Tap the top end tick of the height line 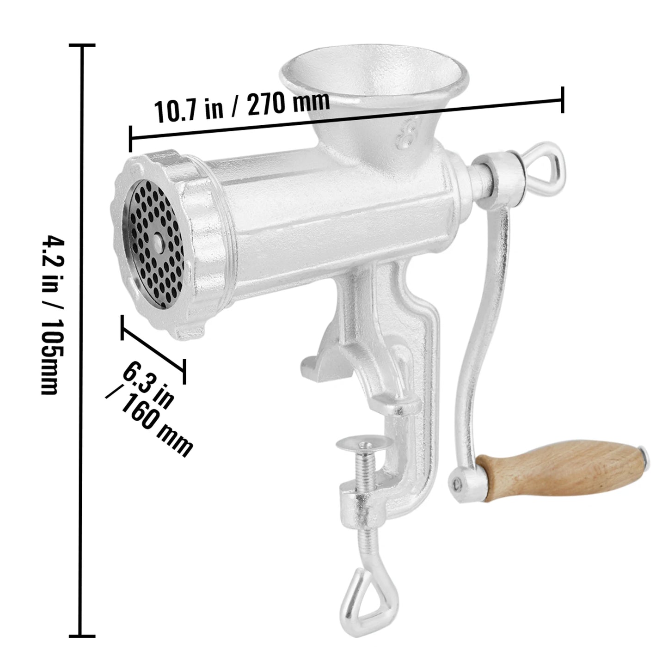(82, 45)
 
